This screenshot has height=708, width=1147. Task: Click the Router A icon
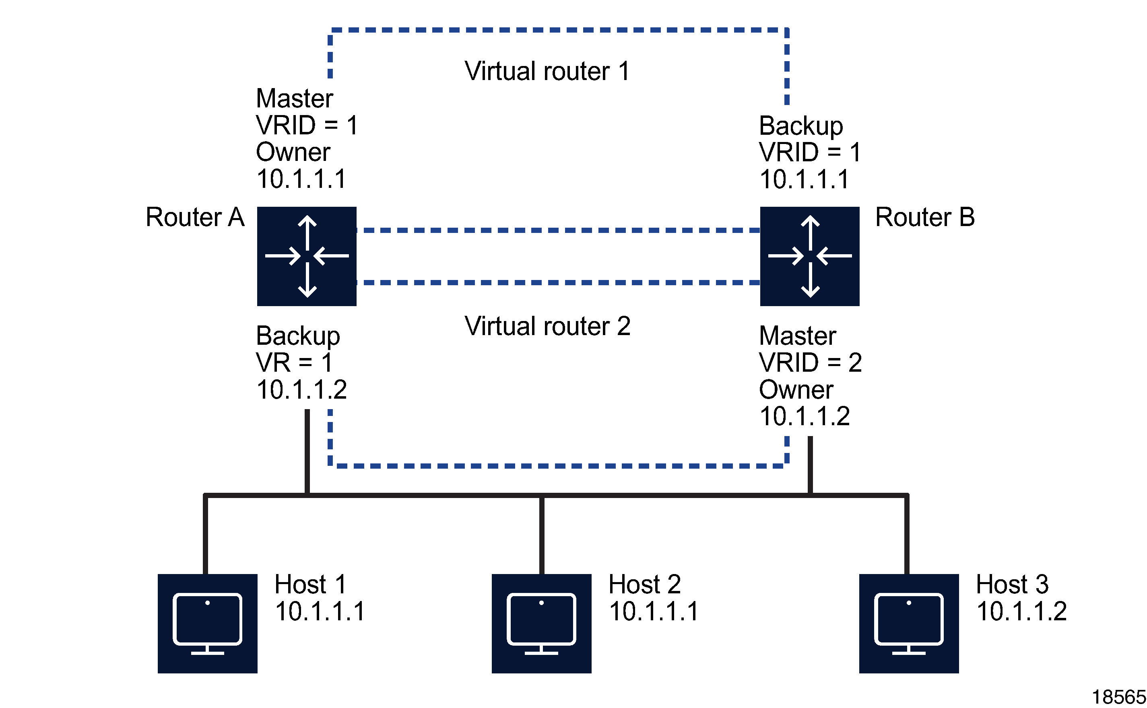[x=306, y=256]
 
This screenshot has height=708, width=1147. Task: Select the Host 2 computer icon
[x=541, y=623]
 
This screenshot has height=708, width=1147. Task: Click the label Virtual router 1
[x=547, y=71]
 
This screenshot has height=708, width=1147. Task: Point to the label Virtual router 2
[x=547, y=326]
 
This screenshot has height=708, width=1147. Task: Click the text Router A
[x=195, y=217]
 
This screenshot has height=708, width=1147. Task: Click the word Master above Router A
[x=294, y=99]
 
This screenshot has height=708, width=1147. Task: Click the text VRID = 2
[x=810, y=362]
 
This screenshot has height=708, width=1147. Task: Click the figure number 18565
[x=1118, y=697]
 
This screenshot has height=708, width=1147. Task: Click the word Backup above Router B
[x=800, y=126]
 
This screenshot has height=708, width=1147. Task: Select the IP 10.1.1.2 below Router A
[x=301, y=389]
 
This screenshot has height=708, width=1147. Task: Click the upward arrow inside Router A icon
[x=307, y=232]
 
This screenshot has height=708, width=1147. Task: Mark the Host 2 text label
[x=644, y=584]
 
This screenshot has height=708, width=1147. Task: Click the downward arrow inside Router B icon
[x=810, y=281]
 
